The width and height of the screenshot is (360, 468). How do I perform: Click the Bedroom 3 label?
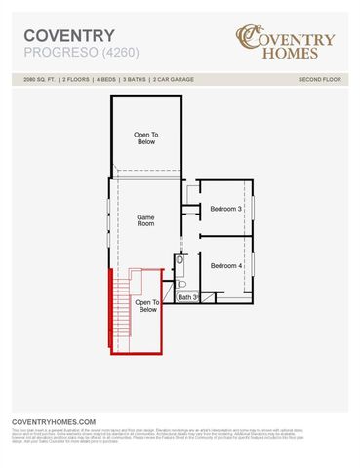pos(225,208)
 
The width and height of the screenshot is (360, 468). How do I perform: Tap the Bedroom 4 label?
pos(225,265)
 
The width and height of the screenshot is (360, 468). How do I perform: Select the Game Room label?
pos(145,220)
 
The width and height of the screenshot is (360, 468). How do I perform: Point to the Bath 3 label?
pos(188,297)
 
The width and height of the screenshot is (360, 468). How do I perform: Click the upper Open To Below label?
pos(145,137)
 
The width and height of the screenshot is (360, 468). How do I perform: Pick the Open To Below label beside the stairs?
pos(147,306)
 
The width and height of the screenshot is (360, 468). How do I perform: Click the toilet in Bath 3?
pos(181,284)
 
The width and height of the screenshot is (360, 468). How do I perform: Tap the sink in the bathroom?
pos(180,264)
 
